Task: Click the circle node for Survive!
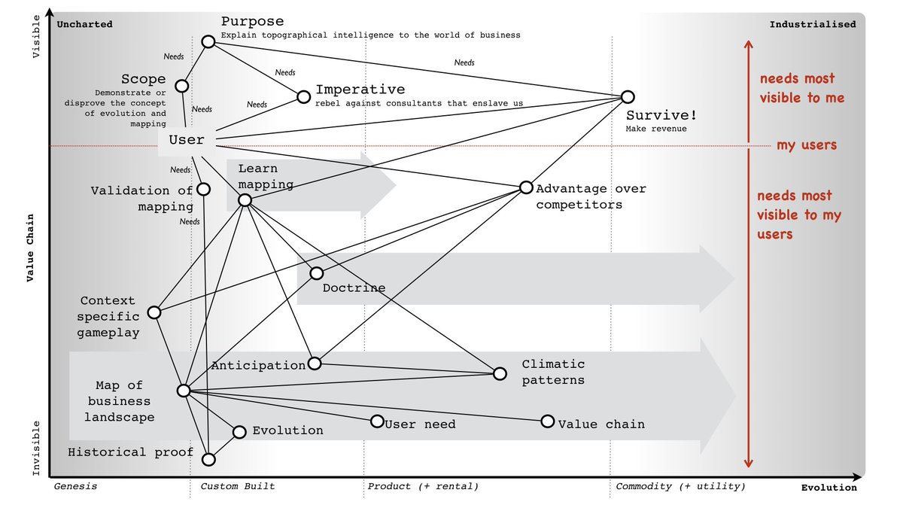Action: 628,97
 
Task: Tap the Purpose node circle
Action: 208,41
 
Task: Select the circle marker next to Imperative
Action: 303,96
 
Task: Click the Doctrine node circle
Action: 317,273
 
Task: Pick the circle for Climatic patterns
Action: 500,373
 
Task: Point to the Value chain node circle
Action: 548,421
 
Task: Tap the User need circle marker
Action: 377,421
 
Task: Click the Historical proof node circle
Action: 209,458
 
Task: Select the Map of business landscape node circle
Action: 184,391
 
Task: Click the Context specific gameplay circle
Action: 154,312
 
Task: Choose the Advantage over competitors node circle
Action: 526,187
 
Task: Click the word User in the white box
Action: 187,140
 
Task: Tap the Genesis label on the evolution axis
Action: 75,486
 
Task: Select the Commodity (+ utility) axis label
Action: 680,486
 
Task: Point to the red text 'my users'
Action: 807,145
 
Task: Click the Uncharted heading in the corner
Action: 84,24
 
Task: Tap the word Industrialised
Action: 812,24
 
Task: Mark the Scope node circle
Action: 182,87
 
